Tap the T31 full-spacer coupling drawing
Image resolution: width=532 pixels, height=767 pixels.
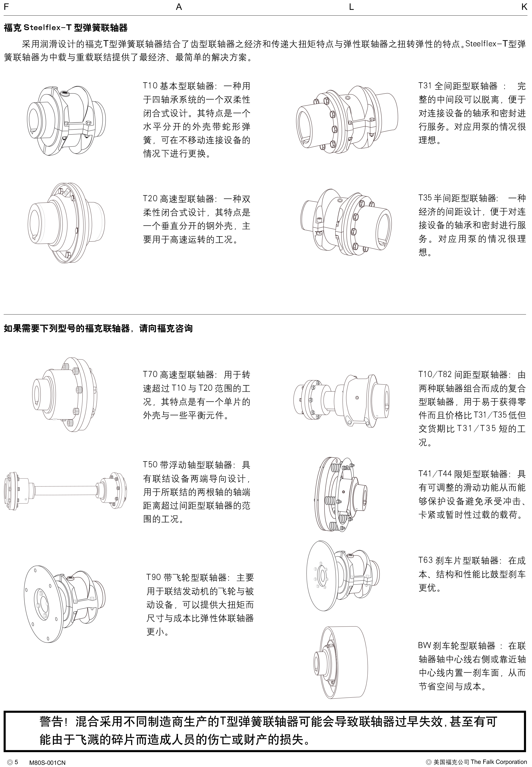(x=347, y=122)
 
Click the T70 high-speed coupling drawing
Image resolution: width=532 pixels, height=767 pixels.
(x=65, y=395)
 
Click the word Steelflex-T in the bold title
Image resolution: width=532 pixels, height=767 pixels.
(x=47, y=28)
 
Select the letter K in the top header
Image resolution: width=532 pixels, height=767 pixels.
(x=524, y=7)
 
